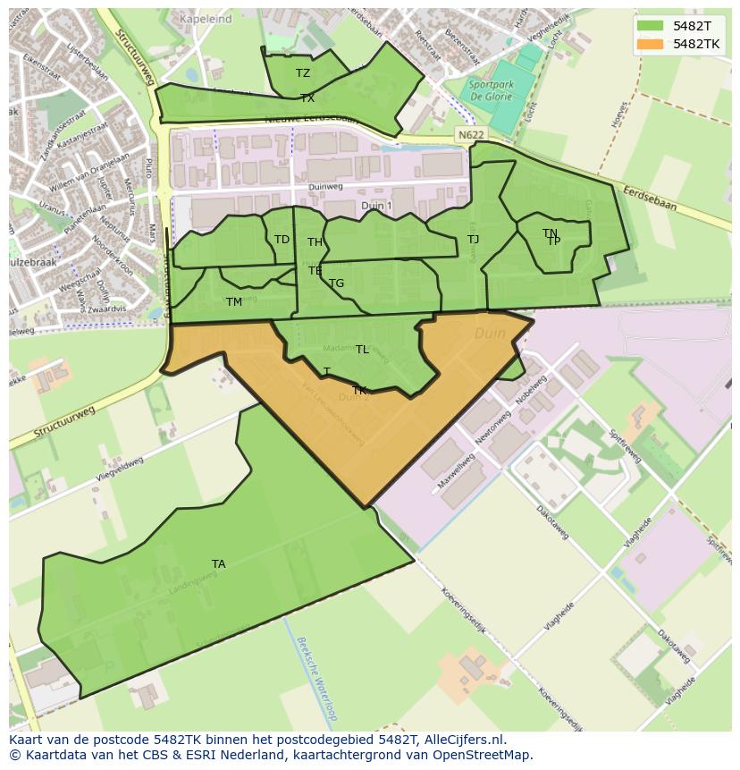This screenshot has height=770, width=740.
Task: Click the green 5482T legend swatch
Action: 651,26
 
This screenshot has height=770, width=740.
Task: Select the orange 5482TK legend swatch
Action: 651,43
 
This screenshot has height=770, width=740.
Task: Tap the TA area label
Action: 219,563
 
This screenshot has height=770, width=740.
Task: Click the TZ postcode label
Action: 303,73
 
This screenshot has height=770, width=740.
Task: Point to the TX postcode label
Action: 307,97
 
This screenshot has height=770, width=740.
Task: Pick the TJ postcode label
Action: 474,239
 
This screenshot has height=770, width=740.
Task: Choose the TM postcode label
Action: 234,301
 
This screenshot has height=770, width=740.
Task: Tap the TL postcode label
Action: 362,350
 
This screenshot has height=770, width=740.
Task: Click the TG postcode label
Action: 337,283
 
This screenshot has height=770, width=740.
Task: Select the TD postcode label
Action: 282,239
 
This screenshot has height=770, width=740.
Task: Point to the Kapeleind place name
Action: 206,18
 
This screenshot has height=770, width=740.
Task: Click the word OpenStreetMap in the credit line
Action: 481,755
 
